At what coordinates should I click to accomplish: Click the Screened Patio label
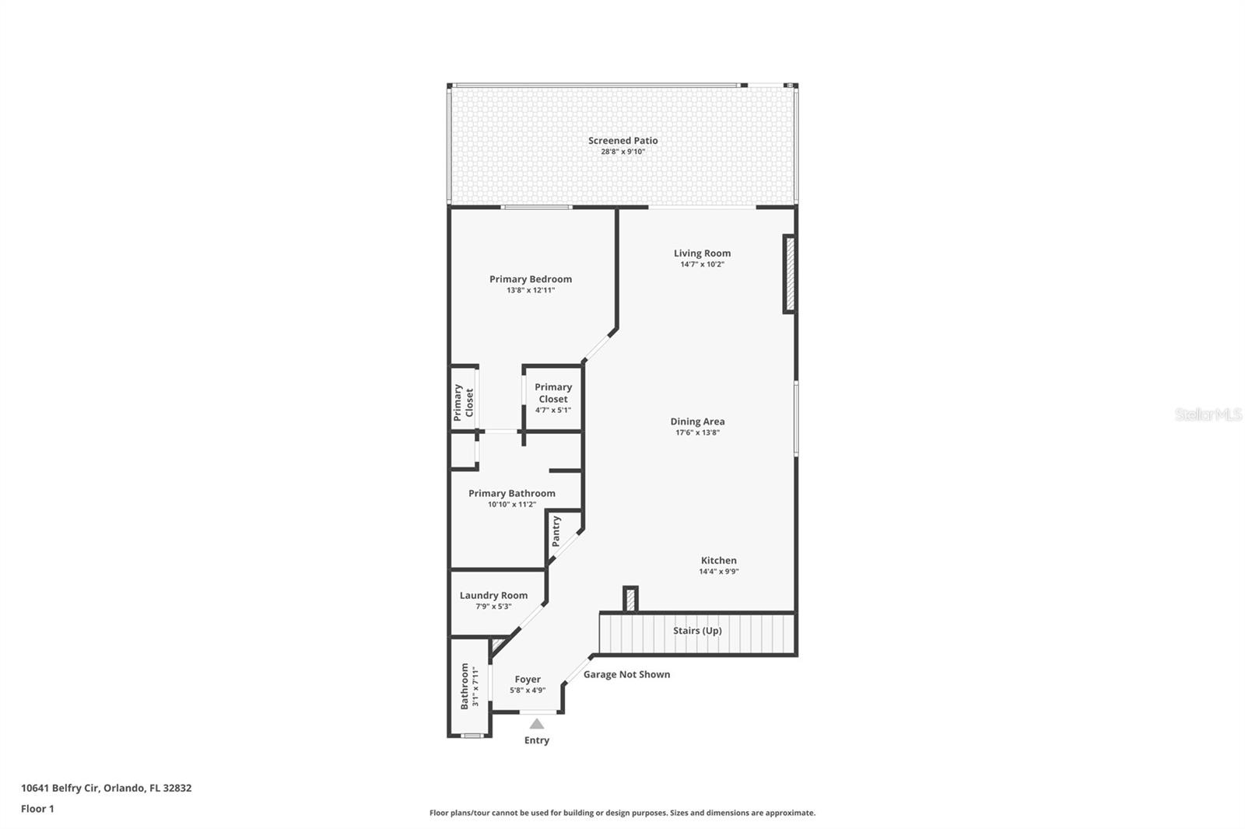[622, 141]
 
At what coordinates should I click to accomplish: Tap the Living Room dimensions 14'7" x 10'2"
[702, 264]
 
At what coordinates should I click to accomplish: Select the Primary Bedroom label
[531, 279]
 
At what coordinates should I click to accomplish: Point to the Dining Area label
[697, 421]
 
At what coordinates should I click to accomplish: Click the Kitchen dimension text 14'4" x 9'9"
[718, 572]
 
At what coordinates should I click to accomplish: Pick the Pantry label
[556, 531]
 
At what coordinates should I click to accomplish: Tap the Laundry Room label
[493, 595]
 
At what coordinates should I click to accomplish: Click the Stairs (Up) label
[697, 631]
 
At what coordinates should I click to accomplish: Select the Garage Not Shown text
[626, 674]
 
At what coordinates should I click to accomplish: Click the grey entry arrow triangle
[537, 724]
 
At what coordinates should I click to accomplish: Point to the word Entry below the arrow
[537, 740]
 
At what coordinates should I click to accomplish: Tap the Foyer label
[528, 679]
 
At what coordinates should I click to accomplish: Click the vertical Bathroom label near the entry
[465, 686]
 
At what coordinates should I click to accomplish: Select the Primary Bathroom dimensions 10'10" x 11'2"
[512, 505]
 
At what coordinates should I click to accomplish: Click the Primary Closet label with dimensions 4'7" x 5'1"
[553, 393]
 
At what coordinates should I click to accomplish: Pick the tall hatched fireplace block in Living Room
[789, 274]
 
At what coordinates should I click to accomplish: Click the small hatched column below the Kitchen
[630, 600]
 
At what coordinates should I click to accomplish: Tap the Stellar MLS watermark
[1208, 414]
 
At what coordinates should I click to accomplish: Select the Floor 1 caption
[37, 809]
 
